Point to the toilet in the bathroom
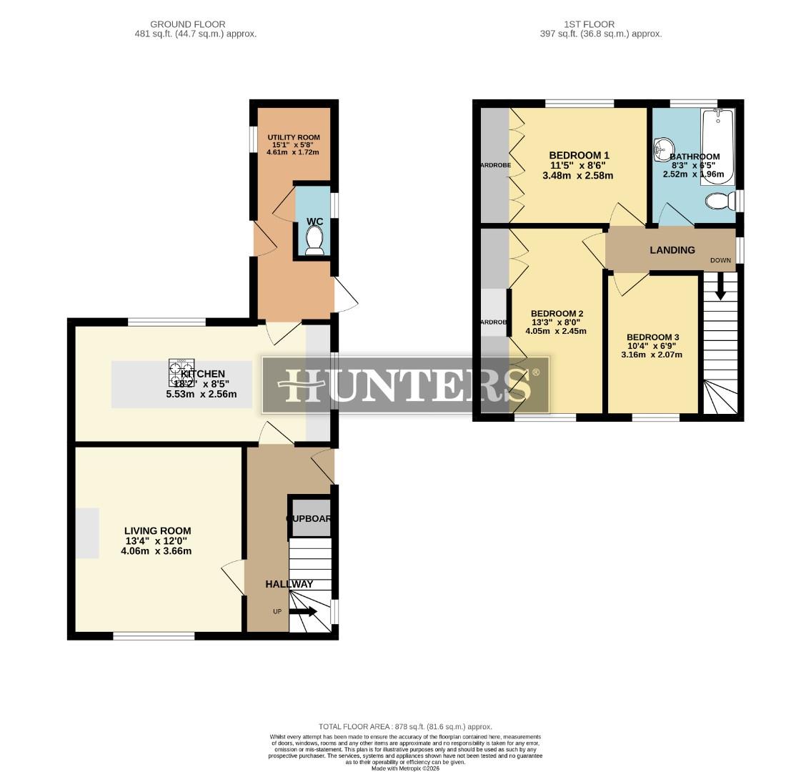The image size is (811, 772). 719,202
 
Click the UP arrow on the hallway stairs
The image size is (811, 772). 303,611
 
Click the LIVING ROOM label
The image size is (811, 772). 157,530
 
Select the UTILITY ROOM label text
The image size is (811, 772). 294,137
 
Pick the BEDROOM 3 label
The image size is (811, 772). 652,337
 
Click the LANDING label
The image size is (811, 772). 672,250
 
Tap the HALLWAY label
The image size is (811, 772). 289,584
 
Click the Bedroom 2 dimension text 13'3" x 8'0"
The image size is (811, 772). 556,322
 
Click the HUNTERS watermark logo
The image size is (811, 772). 406,385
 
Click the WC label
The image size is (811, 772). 314,222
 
